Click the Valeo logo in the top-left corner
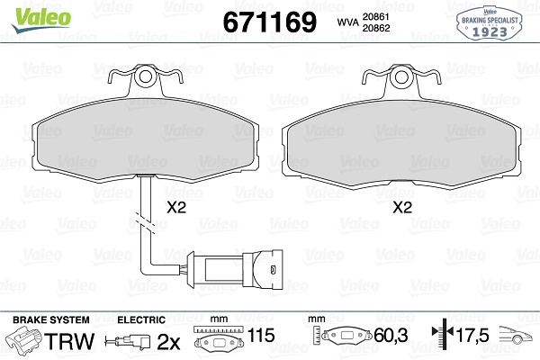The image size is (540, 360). point(41,20)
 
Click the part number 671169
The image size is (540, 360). point(269,22)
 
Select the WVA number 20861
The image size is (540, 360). point(375,17)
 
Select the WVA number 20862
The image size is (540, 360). point(376,28)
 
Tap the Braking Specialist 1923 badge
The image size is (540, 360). point(490,23)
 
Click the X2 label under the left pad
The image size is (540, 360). point(176,207)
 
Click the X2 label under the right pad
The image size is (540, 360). point(402,207)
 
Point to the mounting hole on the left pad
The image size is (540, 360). point(145,76)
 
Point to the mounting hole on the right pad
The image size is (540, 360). point(401,77)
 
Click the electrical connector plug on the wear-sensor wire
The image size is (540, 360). point(235,269)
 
